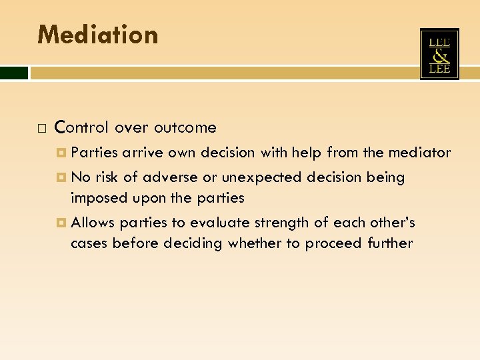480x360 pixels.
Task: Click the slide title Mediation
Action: [x=97, y=34]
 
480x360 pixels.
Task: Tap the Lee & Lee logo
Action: [x=439, y=54]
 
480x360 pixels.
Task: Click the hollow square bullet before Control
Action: [x=41, y=127]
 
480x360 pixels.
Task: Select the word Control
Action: [x=82, y=127]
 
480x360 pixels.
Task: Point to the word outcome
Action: [x=185, y=127]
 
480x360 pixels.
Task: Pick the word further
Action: [x=390, y=243]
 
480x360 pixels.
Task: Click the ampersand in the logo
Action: [x=439, y=55]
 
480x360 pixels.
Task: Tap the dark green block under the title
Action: [x=14, y=73]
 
